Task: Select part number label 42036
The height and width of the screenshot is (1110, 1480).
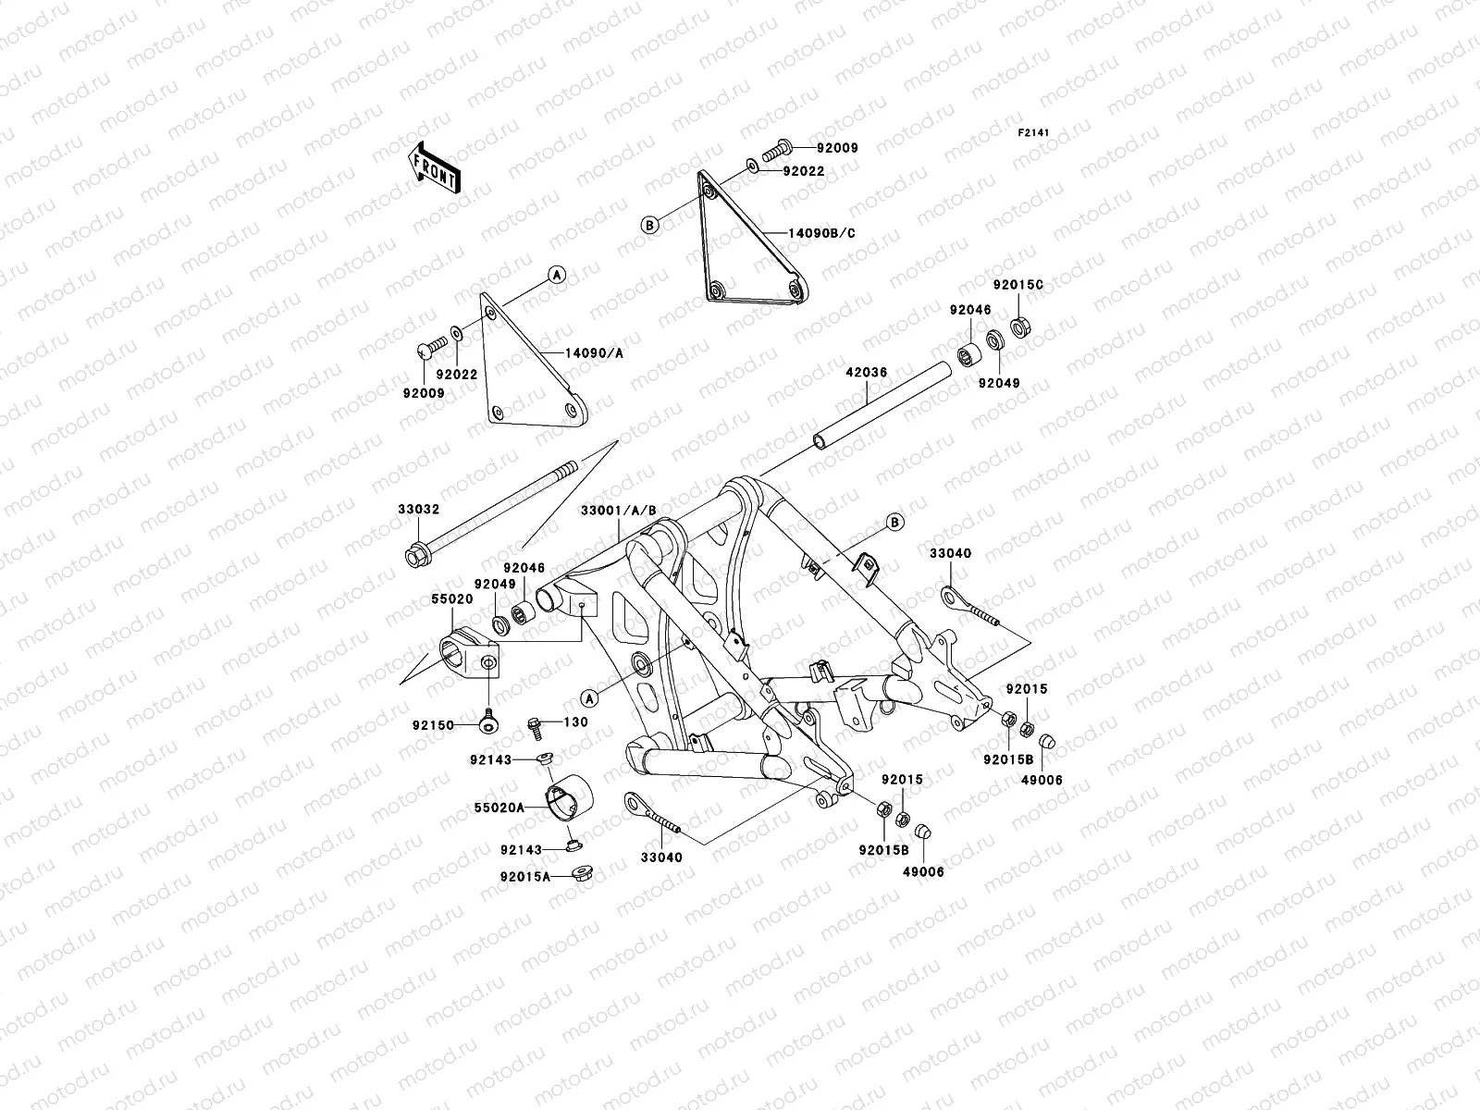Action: point(866,373)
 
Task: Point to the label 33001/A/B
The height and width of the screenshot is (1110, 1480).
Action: point(620,511)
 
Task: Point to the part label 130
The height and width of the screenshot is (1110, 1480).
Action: point(576,721)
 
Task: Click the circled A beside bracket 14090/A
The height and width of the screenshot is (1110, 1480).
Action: point(557,274)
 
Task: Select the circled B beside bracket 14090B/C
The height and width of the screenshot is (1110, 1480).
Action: point(650,225)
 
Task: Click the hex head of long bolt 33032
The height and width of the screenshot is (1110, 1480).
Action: point(415,557)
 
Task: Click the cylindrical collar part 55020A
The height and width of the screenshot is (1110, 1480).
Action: point(567,796)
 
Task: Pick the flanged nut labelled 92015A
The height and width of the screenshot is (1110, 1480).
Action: point(582,872)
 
